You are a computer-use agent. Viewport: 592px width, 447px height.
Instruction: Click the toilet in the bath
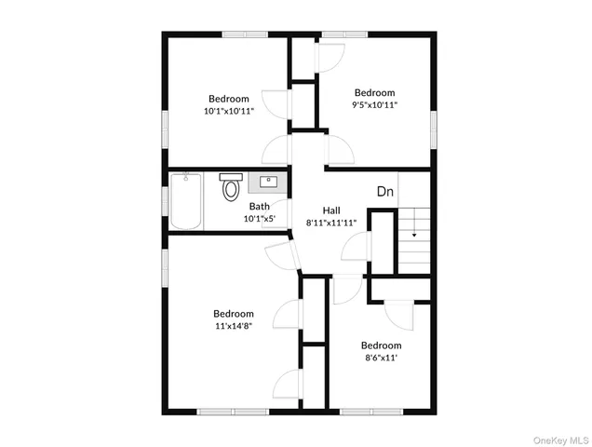[x=230, y=190]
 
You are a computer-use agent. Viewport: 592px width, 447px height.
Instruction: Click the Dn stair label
[x=385, y=192]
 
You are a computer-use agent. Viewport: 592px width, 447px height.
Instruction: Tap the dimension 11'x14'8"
[x=233, y=327]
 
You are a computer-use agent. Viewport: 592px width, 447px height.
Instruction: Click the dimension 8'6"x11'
[x=381, y=357]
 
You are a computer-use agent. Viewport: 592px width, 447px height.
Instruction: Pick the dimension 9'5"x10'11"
[x=374, y=105]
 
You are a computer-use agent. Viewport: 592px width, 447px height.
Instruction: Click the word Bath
[x=259, y=207]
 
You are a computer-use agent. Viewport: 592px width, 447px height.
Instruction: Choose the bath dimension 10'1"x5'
[x=259, y=220]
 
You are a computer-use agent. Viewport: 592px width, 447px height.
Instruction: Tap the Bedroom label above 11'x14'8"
[x=233, y=314]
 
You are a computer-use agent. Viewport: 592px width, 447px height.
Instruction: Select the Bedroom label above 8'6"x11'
[x=381, y=344]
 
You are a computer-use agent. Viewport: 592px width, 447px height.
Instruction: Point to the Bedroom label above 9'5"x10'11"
[x=374, y=92]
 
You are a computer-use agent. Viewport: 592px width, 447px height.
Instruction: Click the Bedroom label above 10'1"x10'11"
[x=228, y=99]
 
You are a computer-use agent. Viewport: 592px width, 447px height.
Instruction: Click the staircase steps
[x=414, y=223]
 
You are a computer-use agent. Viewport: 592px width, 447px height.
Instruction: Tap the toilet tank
[x=230, y=176]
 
